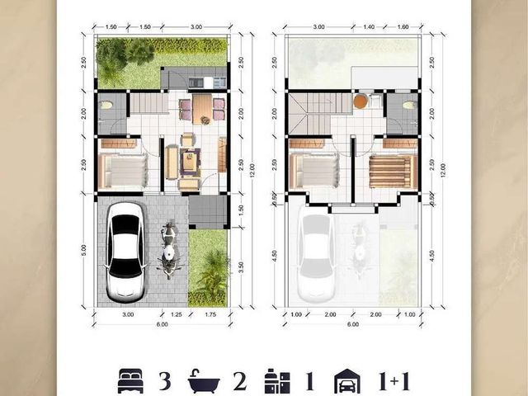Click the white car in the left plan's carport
126,252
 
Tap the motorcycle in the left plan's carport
169,249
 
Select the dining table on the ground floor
202,109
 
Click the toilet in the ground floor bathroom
106,105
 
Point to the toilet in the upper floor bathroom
409,106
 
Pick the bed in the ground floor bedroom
123,171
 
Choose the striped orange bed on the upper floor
393,171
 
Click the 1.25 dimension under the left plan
176,315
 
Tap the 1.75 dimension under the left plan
210,315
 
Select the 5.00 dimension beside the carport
83,250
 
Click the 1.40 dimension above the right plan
369,27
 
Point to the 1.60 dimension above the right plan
403,27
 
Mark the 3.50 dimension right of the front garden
241,267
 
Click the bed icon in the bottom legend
130,381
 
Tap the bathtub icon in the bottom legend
204,381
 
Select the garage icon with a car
346,381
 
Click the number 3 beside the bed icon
165,381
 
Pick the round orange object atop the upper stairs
360,101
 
